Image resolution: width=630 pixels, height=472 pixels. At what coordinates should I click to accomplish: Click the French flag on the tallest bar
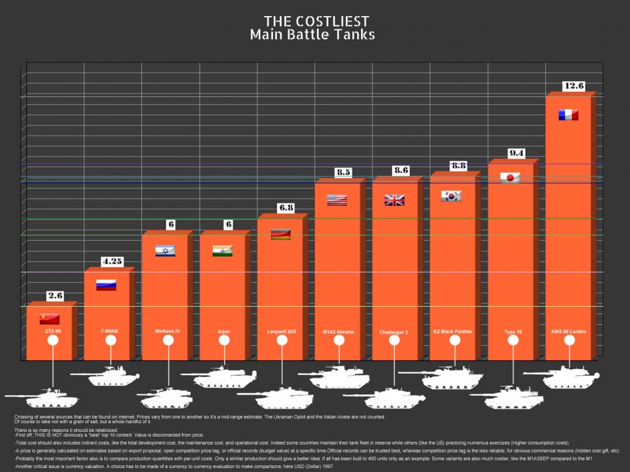point(568,115)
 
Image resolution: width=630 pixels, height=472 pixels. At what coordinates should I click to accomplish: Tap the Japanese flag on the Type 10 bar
point(511,178)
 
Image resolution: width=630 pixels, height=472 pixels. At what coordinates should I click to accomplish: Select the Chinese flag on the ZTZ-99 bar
point(49,318)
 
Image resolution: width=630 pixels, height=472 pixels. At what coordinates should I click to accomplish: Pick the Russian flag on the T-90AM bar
point(107,285)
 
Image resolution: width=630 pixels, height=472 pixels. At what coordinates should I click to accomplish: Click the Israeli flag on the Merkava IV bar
point(165,251)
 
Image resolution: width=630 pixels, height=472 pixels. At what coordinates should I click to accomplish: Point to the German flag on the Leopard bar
point(280,234)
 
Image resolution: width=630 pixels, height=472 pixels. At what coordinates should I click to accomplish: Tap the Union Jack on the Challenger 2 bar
point(395,199)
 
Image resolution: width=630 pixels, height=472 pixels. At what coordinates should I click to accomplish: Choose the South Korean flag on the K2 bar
point(451,196)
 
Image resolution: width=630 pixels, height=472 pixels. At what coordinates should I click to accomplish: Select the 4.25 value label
point(112,261)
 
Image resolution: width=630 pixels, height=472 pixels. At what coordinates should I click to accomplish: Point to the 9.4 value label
point(516,153)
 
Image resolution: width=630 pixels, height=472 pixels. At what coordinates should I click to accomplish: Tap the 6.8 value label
point(286,208)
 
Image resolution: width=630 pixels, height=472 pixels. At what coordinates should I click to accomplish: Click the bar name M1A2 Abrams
point(338,332)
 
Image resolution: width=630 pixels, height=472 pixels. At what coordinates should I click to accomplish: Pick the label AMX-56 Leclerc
point(568,331)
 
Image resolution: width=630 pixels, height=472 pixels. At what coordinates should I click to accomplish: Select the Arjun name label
point(223,331)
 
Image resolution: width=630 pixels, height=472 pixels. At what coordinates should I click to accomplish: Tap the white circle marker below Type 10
point(514,340)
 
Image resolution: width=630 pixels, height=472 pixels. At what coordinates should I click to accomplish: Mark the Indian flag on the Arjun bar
point(222,251)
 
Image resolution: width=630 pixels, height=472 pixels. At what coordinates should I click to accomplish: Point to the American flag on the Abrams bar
point(337,199)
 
